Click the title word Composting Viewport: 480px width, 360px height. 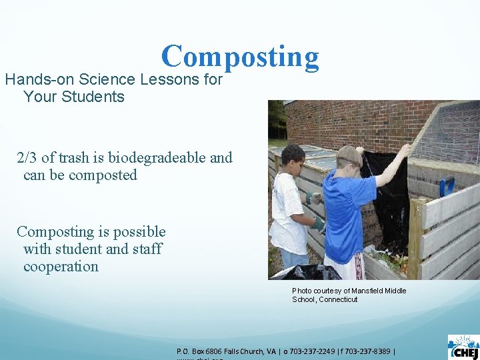tap(240, 57)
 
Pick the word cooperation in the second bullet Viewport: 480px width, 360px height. tap(61, 267)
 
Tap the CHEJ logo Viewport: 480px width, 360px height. tap(463, 347)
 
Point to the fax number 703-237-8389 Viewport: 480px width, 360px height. tap(370, 351)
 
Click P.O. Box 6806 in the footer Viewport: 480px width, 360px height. tap(198, 351)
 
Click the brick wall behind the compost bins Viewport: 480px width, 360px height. tap(347, 123)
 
